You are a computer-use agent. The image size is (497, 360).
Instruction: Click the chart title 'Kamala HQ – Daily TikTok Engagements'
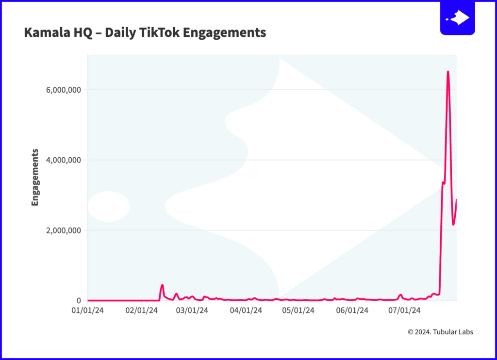[x=145, y=33]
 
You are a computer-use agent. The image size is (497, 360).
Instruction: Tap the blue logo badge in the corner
[x=457, y=18]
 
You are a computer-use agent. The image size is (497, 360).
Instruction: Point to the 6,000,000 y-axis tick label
[x=61, y=90]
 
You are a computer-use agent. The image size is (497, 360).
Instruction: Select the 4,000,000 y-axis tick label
[x=61, y=160]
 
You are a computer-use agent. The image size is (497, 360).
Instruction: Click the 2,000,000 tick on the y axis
[x=61, y=230]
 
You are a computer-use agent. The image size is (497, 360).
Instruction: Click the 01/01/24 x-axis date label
[x=87, y=310]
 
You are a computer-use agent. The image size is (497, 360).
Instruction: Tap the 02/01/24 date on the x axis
[x=140, y=310]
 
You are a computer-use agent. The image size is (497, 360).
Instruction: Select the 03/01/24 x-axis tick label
[x=193, y=310]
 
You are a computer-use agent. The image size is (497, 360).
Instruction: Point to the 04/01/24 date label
[x=247, y=310]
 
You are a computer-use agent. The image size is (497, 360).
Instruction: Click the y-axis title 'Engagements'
[x=35, y=178]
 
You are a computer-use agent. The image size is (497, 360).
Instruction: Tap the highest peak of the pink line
[x=448, y=72]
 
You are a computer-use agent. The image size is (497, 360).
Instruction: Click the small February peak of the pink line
[x=162, y=285]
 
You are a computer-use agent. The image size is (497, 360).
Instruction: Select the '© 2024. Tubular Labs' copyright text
[x=440, y=332]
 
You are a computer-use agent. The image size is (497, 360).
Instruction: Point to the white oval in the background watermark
[x=109, y=206]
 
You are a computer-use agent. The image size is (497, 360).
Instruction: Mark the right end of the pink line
[x=457, y=200]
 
